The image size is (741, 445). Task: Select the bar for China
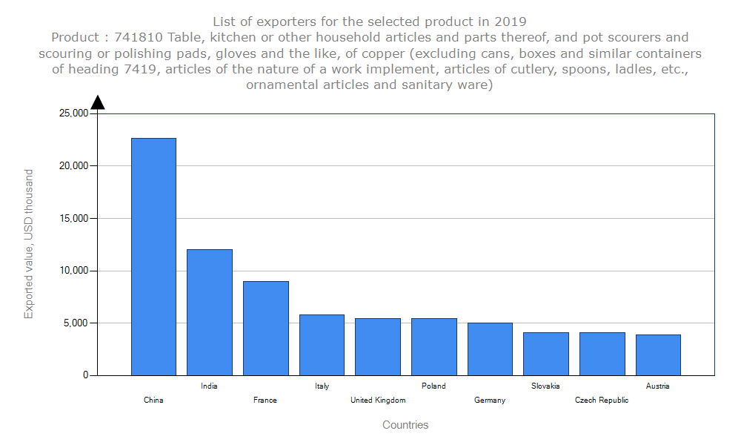[153, 257]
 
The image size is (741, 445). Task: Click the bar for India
[210, 312]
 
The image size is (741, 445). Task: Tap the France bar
[265, 328]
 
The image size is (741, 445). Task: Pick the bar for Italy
[322, 345]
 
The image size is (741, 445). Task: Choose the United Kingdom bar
[378, 346]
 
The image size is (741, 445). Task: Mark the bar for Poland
[433, 346]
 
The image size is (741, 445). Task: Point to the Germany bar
[490, 349]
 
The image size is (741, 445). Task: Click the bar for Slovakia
[546, 354]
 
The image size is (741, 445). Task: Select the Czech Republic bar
[602, 354]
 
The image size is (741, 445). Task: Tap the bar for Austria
[658, 355]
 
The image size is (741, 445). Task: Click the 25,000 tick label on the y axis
[73, 113]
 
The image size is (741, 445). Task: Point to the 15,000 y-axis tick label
[73, 219]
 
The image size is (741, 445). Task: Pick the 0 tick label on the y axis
[84, 376]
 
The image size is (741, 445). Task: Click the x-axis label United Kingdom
[378, 400]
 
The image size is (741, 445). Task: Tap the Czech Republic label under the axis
[602, 400]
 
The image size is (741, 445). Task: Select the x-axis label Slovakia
[546, 386]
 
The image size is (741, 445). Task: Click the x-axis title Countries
[405, 425]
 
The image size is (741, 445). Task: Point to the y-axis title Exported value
[29, 244]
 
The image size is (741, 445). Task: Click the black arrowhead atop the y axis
[97, 102]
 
